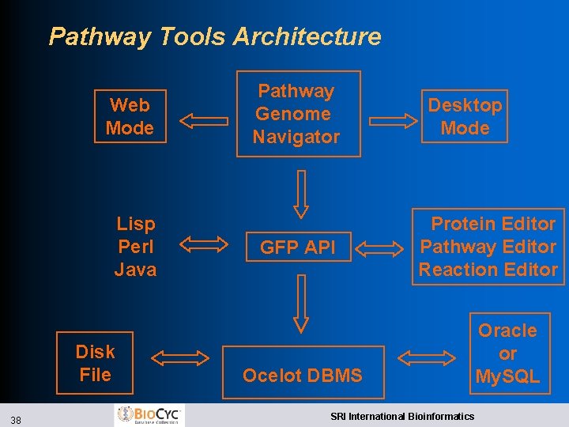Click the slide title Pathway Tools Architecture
click(x=214, y=36)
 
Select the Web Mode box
click(x=130, y=116)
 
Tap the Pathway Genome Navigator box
click(x=296, y=114)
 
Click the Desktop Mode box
click(x=465, y=116)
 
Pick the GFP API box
click(x=298, y=248)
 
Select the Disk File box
click(x=95, y=363)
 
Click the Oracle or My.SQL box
click(x=507, y=353)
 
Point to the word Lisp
click(x=136, y=225)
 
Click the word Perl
click(x=135, y=247)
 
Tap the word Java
click(x=135, y=270)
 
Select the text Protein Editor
click(x=492, y=224)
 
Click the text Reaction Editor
click(x=488, y=270)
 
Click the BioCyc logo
click(x=150, y=415)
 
